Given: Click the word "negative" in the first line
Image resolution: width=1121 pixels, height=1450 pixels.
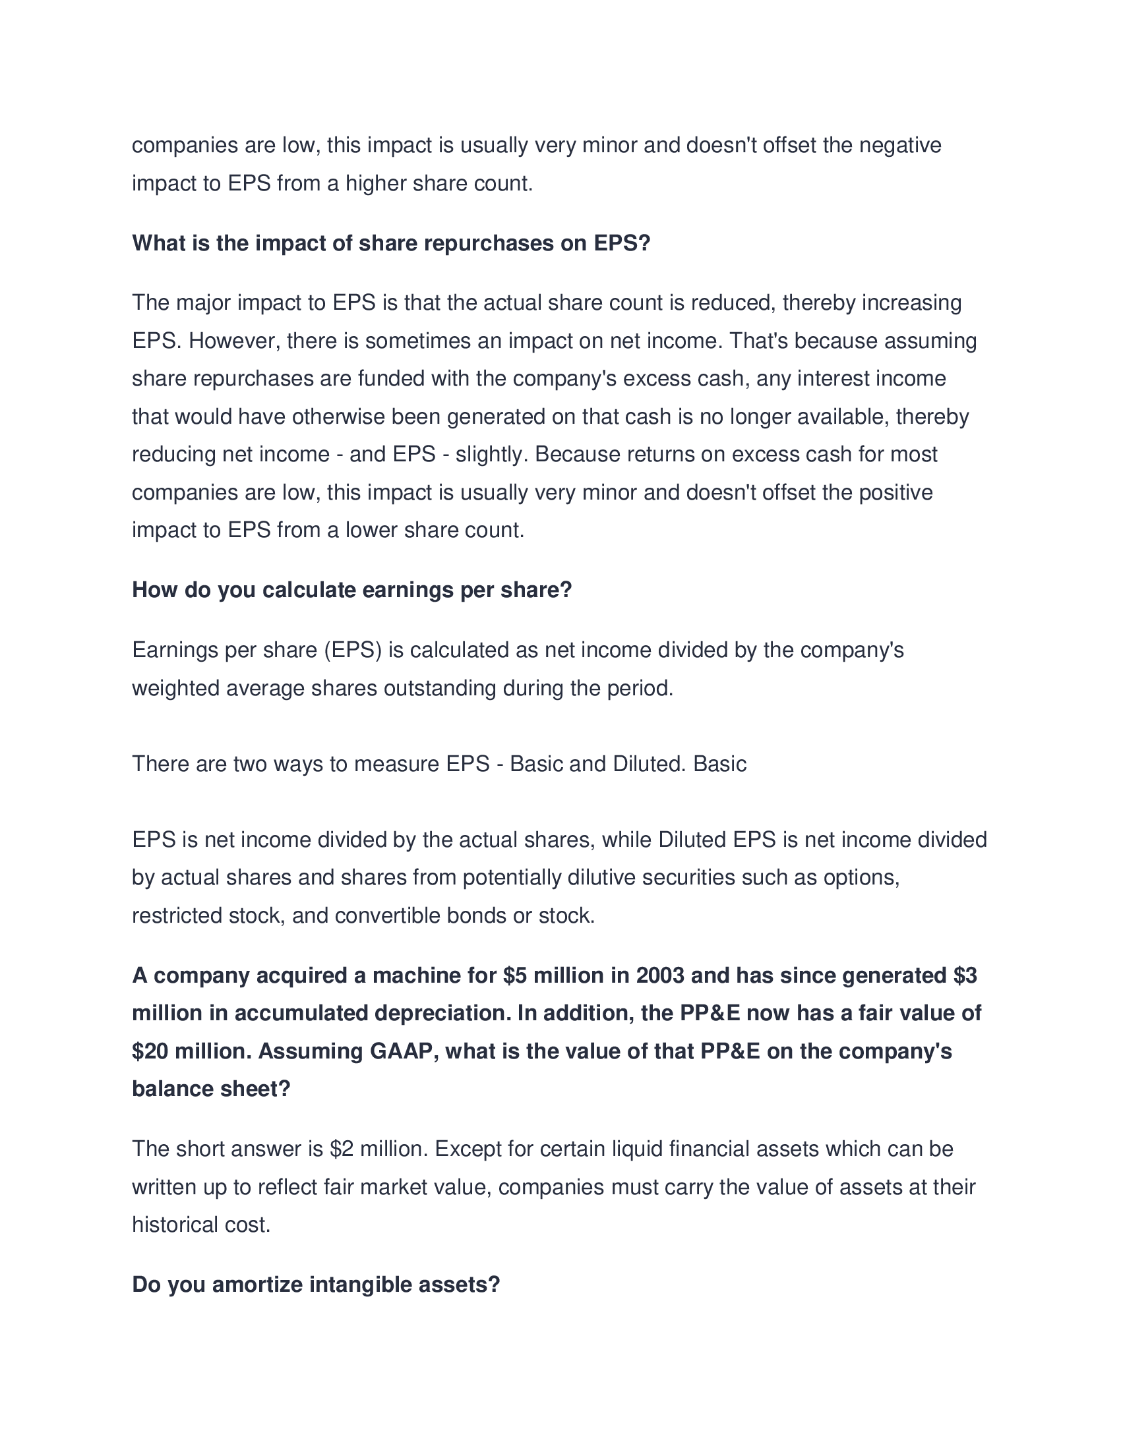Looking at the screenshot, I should click(900, 145).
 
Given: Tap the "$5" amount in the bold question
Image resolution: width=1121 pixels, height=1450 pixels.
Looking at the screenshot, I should click(516, 975).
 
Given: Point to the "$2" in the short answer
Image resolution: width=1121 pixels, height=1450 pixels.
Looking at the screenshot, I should click(342, 1149).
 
